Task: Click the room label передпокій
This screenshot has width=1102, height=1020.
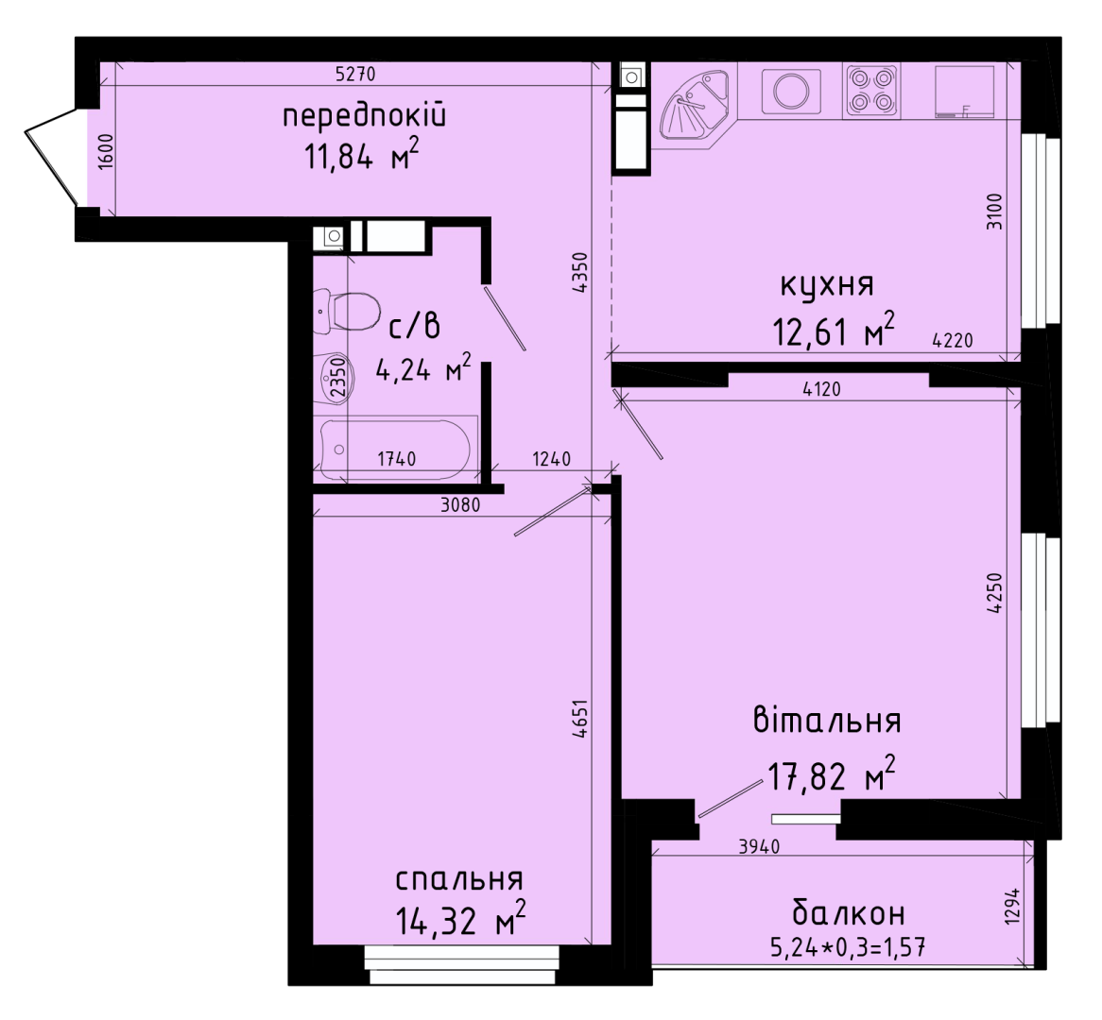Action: (364, 116)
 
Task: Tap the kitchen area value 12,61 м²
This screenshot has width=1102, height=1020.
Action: (835, 330)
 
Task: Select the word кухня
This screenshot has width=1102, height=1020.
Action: (827, 286)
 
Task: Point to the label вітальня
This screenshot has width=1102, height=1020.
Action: (827, 721)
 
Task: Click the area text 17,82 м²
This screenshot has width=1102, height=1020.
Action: (832, 774)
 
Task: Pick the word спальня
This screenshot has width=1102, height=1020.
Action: (459, 879)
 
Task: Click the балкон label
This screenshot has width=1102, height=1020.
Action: (849, 914)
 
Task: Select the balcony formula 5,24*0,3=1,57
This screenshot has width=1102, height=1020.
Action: (848, 948)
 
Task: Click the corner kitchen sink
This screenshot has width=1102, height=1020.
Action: (697, 108)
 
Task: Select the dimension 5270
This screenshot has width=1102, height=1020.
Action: (356, 74)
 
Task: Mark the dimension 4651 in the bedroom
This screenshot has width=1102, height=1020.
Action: (580, 718)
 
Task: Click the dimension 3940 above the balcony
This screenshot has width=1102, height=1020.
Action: (759, 847)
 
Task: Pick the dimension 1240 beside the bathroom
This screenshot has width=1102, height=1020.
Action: (552, 459)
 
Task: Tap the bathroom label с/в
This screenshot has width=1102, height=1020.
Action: (415, 327)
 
